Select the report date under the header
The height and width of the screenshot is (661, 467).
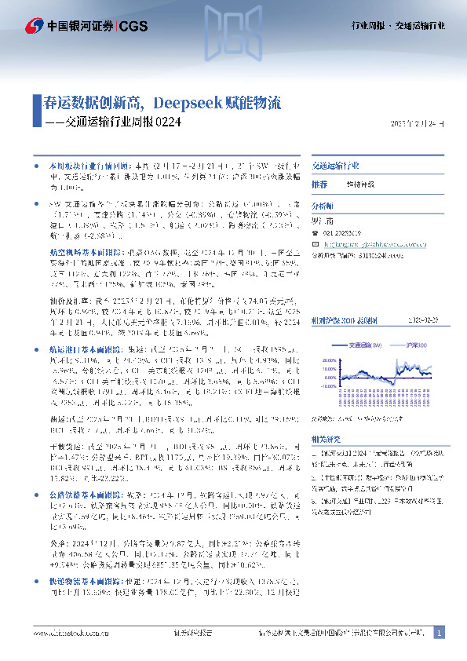pyautogui.click(x=417, y=124)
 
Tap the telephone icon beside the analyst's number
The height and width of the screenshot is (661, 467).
pyautogui.click(x=317, y=233)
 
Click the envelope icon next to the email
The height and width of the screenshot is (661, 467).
pyautogui.click(x=317, y=244)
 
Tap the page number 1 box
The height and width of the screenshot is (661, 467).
pyautogui.click(x=440, y=633)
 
